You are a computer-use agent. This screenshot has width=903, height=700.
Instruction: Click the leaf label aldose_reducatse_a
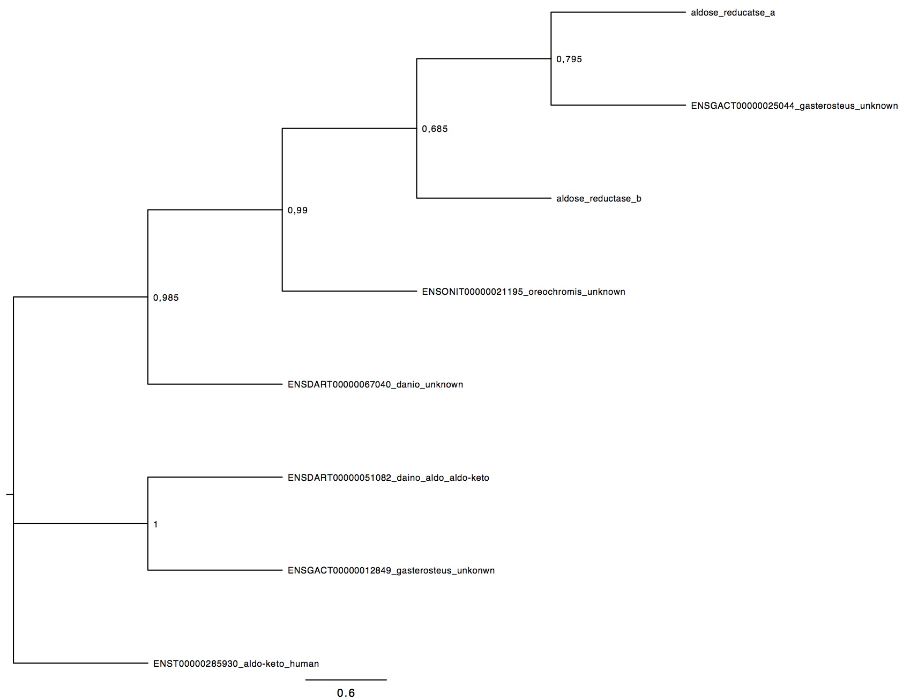[733, 13]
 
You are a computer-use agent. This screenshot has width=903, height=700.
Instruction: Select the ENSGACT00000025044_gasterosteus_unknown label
[794, 106]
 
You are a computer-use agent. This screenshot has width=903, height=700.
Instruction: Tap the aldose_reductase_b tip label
[599, 199]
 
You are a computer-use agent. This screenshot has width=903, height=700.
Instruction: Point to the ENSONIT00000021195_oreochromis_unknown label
[524, 292]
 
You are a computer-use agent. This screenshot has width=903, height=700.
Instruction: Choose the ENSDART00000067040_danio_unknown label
[375, 385]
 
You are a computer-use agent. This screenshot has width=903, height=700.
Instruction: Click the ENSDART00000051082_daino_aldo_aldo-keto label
[389, 478]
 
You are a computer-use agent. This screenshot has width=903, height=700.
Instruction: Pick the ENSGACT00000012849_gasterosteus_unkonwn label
[391, 571]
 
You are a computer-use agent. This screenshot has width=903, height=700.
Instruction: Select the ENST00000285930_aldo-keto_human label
[236, 664]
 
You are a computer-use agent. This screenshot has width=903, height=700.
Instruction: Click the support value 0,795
[569, 59]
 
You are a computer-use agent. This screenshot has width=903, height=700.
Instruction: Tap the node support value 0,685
[435, 129]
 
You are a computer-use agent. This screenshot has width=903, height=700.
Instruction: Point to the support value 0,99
[297, 211]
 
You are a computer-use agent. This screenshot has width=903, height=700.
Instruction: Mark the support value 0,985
[166, 298]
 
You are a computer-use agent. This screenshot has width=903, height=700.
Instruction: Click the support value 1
[156, 525]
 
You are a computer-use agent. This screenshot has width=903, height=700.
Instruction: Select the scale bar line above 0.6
[346, 680]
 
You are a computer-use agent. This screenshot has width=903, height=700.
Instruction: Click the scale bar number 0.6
[346, 693]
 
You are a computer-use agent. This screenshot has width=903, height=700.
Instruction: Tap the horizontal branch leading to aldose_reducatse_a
[618, 12]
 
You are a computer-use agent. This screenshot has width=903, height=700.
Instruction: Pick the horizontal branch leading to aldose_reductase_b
[484, 198]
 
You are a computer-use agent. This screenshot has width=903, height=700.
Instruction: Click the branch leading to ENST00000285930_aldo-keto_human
[80, 663]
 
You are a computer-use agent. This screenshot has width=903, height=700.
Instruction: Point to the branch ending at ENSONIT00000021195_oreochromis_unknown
[349, 291]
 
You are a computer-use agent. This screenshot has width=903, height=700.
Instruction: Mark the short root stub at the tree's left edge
[10, 494]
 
